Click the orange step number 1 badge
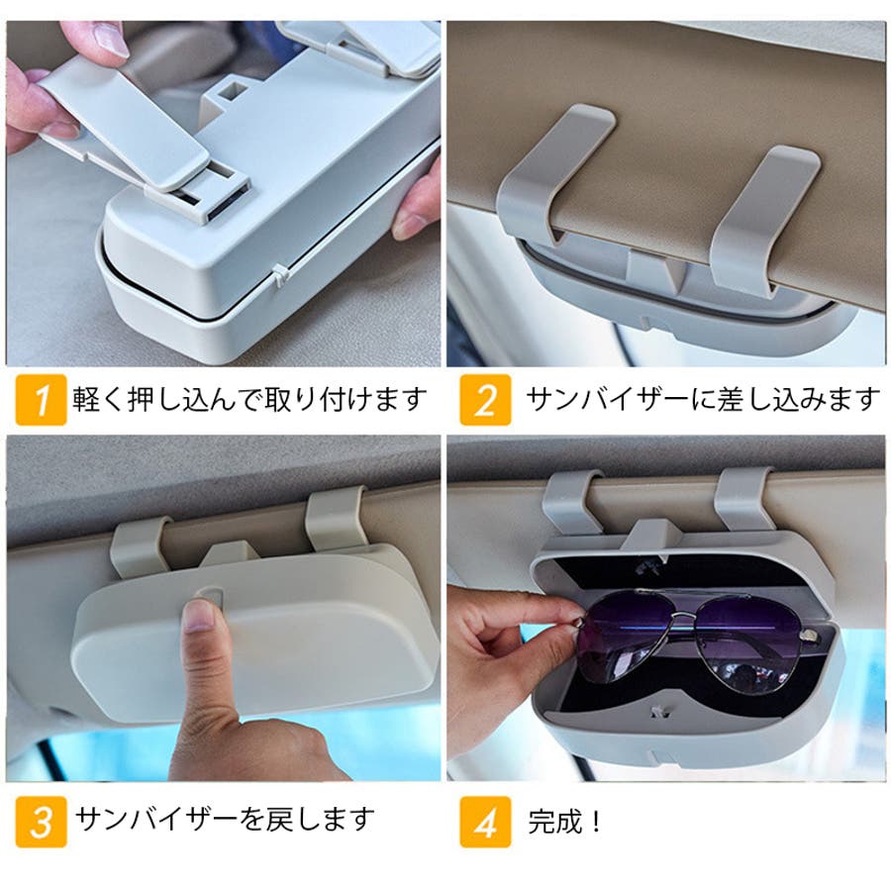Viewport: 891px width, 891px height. tap(41, 400)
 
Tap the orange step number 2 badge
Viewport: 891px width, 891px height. tap(485, 400)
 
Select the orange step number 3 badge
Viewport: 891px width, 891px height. tap(41, 822)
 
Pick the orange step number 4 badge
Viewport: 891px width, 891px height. tap(485, 822)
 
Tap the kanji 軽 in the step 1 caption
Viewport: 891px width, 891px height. tap(86, 399)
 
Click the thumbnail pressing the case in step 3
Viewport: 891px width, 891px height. tap(200, 617)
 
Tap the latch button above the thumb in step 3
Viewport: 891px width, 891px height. tap(209, 593)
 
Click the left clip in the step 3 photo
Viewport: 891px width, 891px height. tap(141, 546)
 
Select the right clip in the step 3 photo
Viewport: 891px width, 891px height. tap(336, 520)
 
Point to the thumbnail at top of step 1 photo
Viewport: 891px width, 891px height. tap(111, 40)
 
